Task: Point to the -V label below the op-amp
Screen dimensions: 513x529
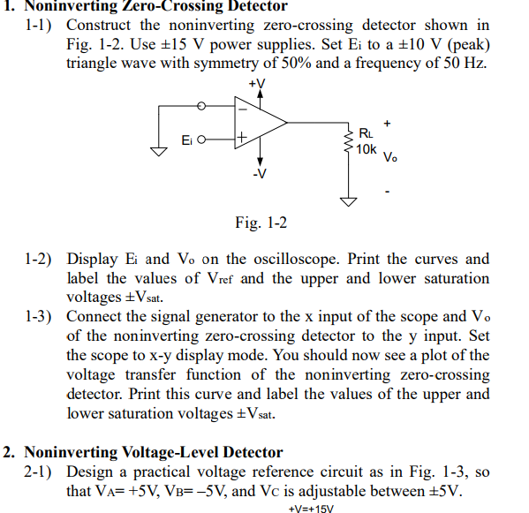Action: point(258,173)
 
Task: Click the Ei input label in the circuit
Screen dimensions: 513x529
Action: point(187,140)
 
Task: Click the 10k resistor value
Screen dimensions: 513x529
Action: point(367,148)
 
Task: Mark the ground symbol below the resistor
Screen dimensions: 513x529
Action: point(350,201)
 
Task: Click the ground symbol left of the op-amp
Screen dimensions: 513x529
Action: point(160,151)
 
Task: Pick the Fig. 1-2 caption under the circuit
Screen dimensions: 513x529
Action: point(261,223)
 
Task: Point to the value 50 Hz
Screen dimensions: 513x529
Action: point(467,63)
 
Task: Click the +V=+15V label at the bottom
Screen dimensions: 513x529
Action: point(312,508)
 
